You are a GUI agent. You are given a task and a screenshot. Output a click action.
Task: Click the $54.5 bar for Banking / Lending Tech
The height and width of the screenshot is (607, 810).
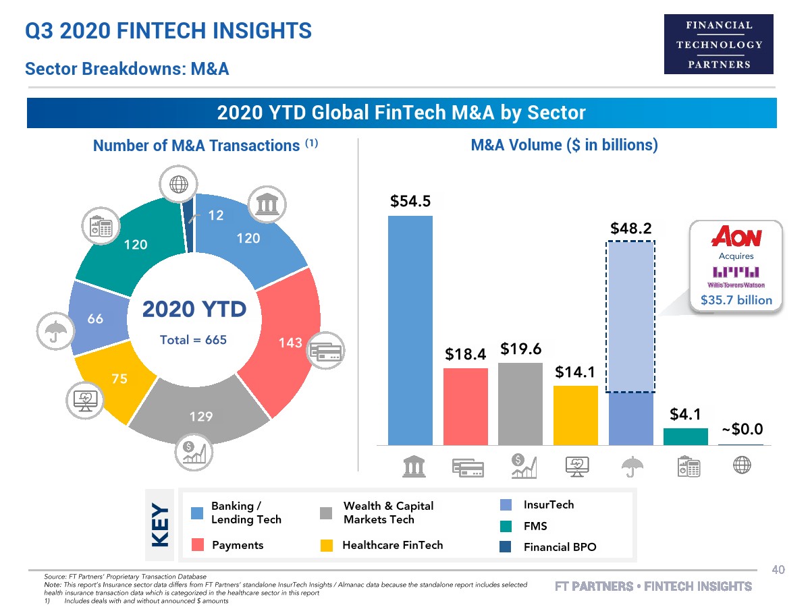410,330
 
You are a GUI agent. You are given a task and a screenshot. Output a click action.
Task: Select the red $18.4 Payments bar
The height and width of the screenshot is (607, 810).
465,406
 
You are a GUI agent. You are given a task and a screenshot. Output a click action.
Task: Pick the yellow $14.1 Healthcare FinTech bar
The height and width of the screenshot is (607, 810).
575,415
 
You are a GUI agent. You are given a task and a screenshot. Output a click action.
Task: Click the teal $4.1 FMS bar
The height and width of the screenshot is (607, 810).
686,436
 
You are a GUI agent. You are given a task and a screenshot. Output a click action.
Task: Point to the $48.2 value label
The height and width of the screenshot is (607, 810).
630,228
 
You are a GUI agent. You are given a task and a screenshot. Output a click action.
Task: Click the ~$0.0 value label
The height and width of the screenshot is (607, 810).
742,429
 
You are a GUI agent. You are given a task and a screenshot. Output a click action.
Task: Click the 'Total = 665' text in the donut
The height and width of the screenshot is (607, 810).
193,340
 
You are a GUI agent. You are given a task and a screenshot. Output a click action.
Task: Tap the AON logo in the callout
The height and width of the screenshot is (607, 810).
736,237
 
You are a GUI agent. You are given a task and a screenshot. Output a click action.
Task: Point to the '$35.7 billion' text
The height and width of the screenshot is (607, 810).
736,300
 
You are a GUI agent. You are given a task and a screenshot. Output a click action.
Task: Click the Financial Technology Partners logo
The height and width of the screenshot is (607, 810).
719,45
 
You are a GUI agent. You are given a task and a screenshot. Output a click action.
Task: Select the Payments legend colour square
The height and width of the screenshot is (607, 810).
197,545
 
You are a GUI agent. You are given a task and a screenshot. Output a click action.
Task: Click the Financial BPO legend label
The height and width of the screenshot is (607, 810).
560,547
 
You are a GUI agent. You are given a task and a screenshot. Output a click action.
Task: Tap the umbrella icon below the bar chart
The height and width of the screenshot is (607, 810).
630,465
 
